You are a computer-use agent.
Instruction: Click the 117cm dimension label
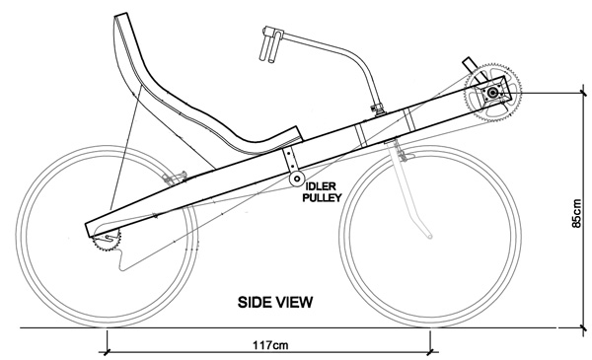pos(270,345)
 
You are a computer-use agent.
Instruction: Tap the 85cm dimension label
pos(576,213)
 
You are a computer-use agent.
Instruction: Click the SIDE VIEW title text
pos(275,302)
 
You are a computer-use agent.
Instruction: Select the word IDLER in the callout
pos(320,186)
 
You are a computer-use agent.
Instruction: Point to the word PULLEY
pos(322,197)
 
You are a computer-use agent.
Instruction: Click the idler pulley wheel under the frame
pos(297,179)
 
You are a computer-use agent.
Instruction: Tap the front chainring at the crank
pos(492,93)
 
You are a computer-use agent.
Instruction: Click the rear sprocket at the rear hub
pos(107,239)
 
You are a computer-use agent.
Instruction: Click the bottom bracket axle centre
pos(492,93)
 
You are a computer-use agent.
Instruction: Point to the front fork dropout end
pos(429,237)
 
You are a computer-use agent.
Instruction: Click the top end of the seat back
pos(121,15)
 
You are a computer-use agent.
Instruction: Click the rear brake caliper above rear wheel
pos(174,178)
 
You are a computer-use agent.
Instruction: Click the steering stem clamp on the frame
pos(378,109)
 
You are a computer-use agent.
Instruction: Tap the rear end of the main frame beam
pos(89,230)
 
